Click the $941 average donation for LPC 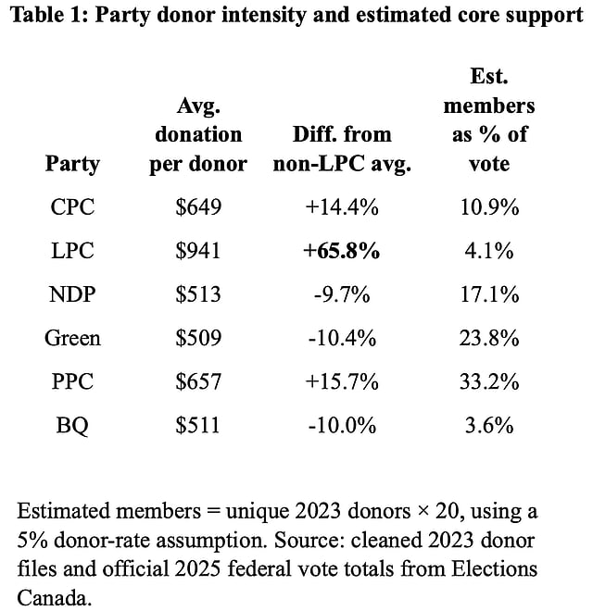click(x=198, y=251)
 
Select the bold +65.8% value click(x=342, y=251)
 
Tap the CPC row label click(x=72, y=207)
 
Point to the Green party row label click(x=72, y=339)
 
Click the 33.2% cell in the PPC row click(x=489, y=382)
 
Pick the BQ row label click(x=72, y=426)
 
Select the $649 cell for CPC click(x=198, y=207)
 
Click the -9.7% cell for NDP click(x=342, y=295)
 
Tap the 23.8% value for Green click(x=489, y=339)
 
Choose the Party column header click(x=72, y=164)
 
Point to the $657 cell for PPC click(x=198, y=382)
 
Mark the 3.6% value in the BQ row click(x=489, y=426)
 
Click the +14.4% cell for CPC click(x=342, y=207)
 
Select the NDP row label click(x=72, y=295)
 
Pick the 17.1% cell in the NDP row click(x=489, y=295)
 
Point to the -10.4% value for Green click(x=342, y=339)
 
